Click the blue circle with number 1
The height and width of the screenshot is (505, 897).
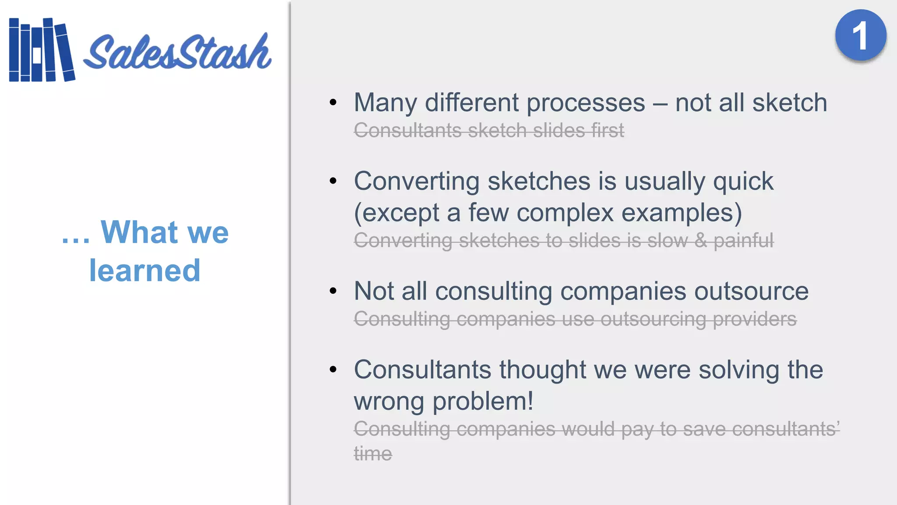(860, 36)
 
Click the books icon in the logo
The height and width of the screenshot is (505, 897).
(42, 50)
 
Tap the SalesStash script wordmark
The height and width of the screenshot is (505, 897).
(177, 53)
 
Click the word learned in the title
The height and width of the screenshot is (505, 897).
(145, 270)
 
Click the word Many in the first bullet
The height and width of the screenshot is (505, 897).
(385, 103)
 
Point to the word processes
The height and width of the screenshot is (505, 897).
(586, 103)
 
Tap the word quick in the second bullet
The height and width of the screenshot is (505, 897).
(743, 182)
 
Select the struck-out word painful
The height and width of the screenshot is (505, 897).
(743, 241)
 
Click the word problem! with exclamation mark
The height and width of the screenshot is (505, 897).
(483, 402)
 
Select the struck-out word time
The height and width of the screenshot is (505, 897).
(373, 453)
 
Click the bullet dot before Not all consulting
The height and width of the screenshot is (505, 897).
(333, 291)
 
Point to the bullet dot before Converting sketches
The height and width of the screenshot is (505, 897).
(333, 181)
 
